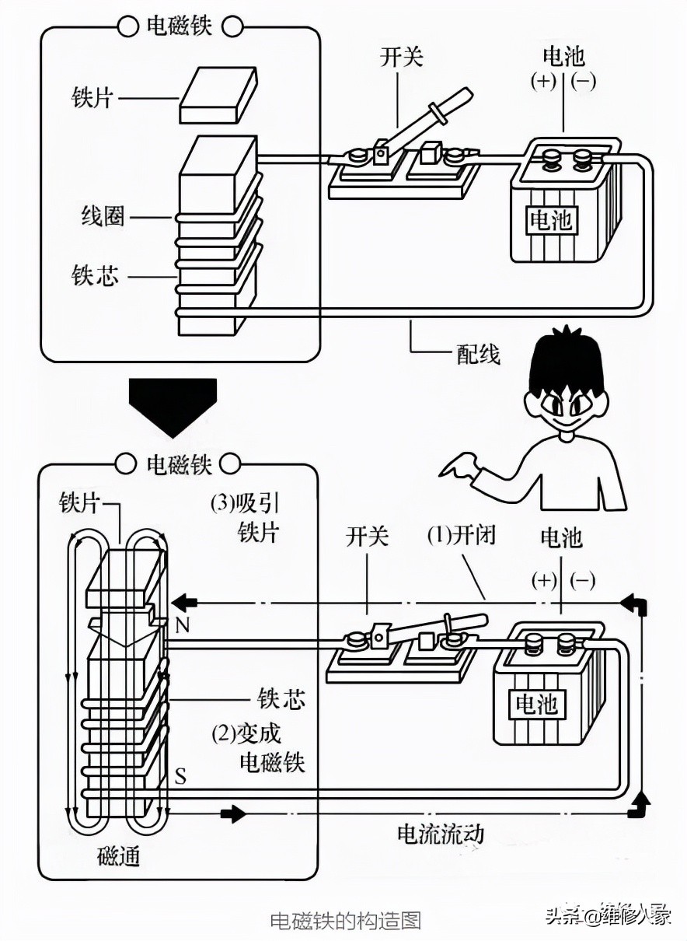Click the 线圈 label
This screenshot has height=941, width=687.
103,215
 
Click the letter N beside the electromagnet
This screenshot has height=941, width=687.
182,625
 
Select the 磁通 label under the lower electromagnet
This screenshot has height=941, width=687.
119,856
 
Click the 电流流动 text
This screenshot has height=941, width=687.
441,834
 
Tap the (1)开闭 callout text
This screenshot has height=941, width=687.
461,536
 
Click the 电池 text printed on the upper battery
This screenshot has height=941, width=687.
550,221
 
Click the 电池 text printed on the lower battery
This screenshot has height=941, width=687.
536,705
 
